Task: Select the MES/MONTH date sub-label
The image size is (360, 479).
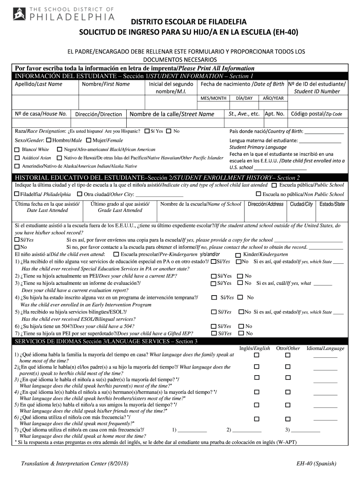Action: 213,98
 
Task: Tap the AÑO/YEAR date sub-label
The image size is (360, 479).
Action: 273,98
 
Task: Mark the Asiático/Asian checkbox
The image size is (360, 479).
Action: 17,158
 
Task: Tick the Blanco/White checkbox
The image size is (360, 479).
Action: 17,150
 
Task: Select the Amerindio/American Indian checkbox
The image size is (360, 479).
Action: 17,166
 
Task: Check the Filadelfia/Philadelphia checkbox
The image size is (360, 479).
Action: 17,194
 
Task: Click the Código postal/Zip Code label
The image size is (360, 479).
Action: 317,114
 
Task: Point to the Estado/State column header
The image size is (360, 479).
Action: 331,204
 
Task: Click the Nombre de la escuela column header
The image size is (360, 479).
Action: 201,204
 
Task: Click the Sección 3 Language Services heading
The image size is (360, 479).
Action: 107,341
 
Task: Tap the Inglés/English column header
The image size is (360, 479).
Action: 254,348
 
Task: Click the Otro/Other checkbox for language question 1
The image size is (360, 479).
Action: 288,356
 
